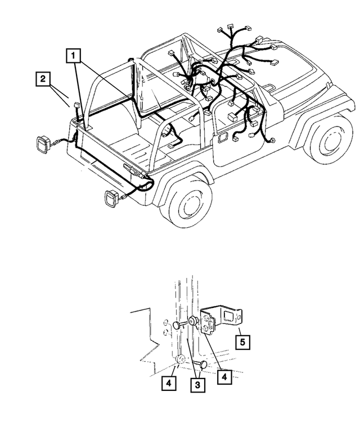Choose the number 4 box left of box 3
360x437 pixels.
[x=168, y=385]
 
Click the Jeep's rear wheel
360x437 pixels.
[x=186, y=199]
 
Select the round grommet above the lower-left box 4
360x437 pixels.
[x=181, y=360]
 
